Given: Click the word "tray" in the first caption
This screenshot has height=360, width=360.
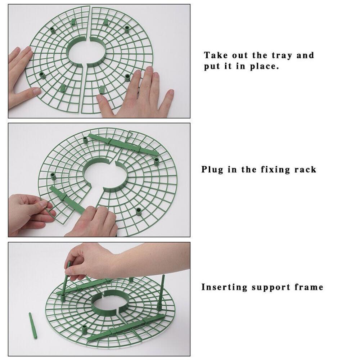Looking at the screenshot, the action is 282,55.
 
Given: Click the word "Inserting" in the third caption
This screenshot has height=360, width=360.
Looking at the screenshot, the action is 224,287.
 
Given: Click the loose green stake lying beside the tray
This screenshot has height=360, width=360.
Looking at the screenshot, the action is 33,325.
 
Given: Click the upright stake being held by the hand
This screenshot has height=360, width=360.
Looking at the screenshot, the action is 66,280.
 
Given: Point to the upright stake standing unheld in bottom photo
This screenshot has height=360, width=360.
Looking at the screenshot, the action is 161,292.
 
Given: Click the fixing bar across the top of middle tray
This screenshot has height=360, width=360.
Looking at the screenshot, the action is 123,144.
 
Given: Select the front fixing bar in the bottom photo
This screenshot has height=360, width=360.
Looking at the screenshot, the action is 126,327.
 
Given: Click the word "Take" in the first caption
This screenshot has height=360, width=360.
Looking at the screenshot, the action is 216,55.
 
